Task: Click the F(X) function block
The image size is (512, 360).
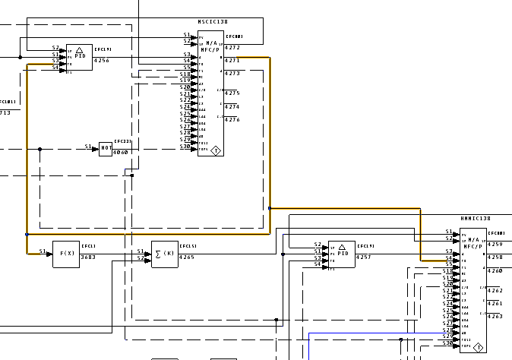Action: click(x=66, y=254)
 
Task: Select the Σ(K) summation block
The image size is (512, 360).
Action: click(x=165, y=254)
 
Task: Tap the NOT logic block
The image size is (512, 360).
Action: click(x=106, y=148)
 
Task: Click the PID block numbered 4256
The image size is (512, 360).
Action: click(x=79, y=57)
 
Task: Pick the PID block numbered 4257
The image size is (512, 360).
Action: click(x=341, y=254)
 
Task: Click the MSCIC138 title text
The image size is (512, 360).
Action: click(x=213, y=22)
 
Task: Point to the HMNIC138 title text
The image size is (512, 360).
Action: click(x=476, y=219)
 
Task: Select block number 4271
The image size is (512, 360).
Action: click(x=232, y=60)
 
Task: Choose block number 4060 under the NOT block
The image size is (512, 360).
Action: click(x=121, y=153)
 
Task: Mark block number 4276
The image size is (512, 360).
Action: click(x=232, y=120)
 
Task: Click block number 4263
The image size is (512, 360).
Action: click(x=495, y=317)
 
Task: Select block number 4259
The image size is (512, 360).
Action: click(x=495, y=245)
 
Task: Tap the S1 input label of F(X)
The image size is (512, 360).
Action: click(x=43, y=251)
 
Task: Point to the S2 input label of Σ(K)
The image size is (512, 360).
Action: click(x=140, y=258)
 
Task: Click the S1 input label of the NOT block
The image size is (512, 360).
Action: click(x=88, y=147)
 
